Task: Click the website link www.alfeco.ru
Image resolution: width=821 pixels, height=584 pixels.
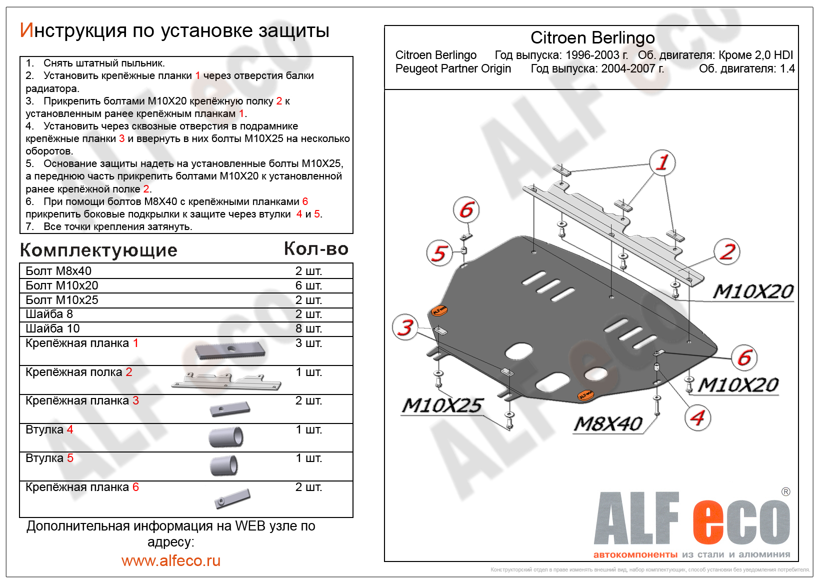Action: (x=170, y=560)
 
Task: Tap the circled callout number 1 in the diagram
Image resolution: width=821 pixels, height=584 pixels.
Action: (x=662, y=162)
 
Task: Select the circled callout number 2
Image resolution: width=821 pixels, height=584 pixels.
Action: (x=727, y=251)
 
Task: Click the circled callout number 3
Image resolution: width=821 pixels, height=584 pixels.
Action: (x=405, y=327)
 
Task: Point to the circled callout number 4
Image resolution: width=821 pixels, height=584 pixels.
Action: (x=697, y=417)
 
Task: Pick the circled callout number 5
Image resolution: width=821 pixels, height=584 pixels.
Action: (x=439, y=253)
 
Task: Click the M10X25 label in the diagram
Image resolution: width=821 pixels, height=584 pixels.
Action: (x=442, y=405)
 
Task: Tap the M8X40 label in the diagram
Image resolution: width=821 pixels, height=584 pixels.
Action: (x=608, y=424)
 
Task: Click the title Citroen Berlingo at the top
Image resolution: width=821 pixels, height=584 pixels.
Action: (x=592, y=37)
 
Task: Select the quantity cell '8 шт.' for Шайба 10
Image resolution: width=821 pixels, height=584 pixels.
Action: (x=308, y=328)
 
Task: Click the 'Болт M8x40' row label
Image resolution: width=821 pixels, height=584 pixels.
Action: (x=58, y=271)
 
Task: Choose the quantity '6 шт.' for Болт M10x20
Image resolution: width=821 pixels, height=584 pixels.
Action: (x=308, y=285)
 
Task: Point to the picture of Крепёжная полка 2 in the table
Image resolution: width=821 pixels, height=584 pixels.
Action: (x=226, y=381)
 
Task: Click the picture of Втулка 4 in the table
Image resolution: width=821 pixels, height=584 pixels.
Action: (x=226, y=437)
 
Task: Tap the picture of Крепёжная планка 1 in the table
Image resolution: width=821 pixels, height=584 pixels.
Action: (x=230, y=350)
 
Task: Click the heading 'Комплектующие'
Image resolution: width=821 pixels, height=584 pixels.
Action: (x=98, y=250)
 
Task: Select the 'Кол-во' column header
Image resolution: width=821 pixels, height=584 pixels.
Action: (x=316, y=248)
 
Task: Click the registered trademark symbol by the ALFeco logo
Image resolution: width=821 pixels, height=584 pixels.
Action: (x=785, y=491)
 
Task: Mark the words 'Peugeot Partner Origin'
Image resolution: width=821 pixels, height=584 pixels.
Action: (x=453, y=68)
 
